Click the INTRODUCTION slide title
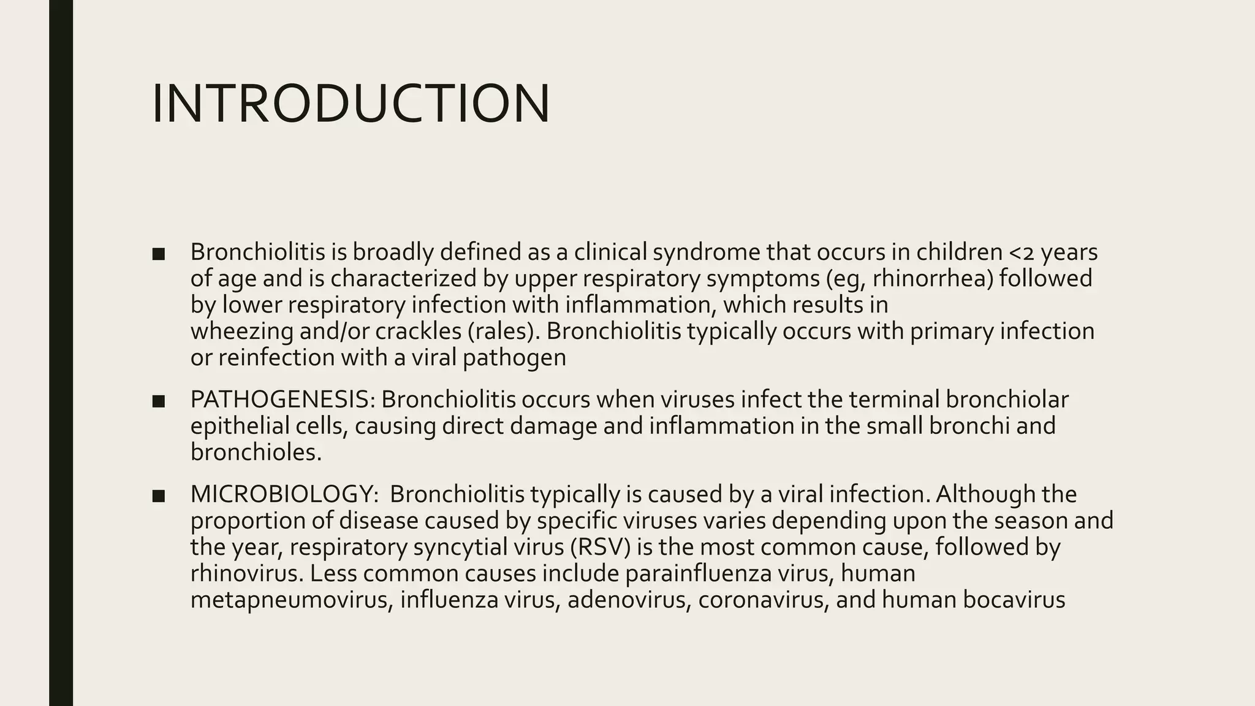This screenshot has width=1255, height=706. [x=350, y=104]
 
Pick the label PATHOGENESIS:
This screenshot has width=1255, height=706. [x=282, y=400]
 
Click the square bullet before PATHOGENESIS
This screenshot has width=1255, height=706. [x=158, y=401]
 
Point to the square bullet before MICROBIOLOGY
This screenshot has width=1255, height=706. [x=158, y=495]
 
